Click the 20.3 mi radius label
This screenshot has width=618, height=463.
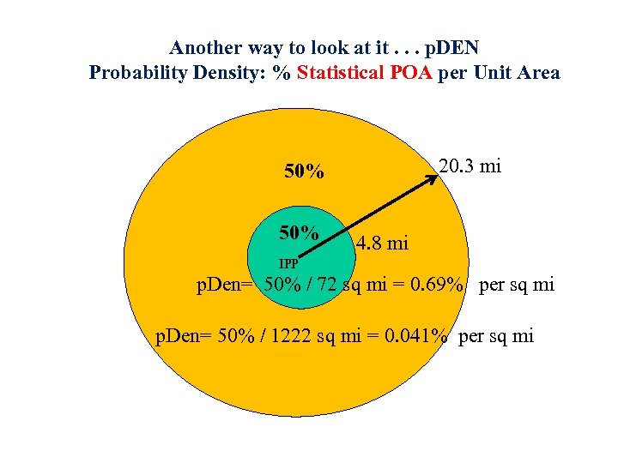[x=470, y=166]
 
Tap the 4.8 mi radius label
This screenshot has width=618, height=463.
[x=382, y=244]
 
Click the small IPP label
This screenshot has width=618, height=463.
[x=288, y=263]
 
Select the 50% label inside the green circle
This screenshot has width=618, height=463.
[x=299, y=233]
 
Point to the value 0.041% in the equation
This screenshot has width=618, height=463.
[x=415, y=336]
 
